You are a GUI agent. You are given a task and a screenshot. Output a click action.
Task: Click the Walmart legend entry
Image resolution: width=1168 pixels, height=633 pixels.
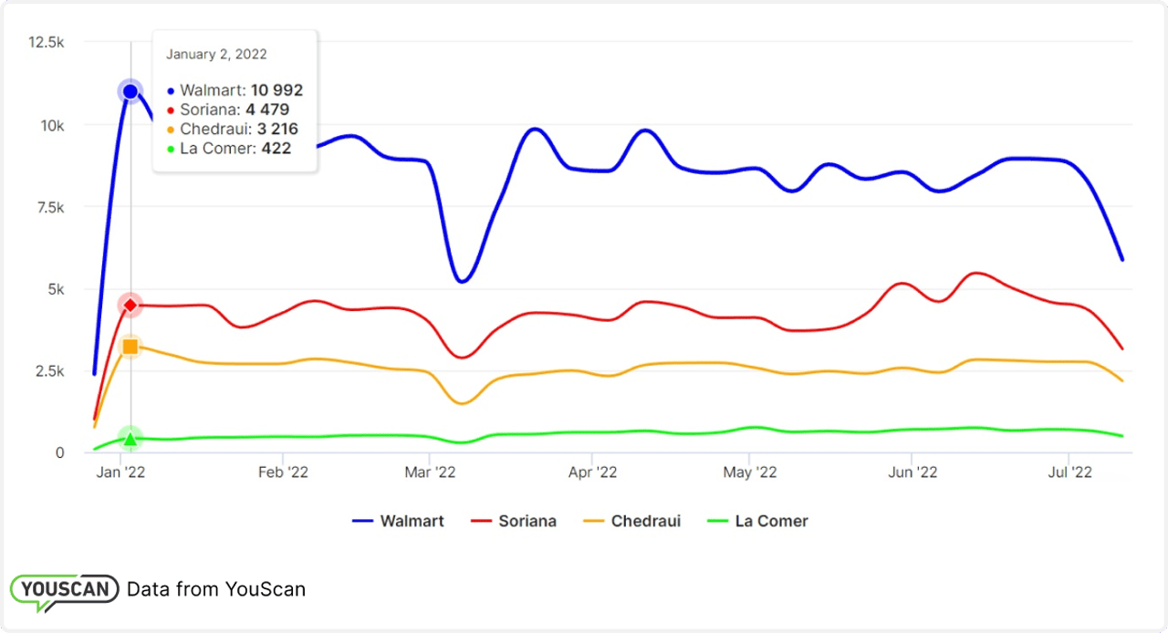[x=399, y=522]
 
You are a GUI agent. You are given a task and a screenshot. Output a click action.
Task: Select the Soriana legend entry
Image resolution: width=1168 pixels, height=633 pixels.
[x=514, y=522]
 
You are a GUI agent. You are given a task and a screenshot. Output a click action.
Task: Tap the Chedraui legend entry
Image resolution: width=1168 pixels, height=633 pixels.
[x=632, y=522]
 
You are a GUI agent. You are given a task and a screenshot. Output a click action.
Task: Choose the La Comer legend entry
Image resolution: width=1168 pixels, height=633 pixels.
[x=758, y=522]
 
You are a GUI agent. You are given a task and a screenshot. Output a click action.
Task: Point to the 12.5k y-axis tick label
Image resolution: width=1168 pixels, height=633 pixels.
[x=47, y=42]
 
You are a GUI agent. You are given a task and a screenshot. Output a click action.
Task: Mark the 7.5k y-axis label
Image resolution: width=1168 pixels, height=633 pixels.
[x=51, y=207]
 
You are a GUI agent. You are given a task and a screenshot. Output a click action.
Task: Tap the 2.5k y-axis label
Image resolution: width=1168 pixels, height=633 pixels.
[x=51, y=371]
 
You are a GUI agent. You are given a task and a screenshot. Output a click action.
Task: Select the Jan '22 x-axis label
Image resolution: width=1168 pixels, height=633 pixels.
[x=122, y=472]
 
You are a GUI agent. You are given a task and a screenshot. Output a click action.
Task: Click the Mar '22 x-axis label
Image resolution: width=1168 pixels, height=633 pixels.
[x=430, y=472]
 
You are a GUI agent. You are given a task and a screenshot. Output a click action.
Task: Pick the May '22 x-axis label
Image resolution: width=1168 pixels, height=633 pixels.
[x=749, y=472]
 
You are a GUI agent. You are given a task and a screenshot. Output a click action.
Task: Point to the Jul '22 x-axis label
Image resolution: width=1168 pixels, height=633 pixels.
[x=1069, y=472]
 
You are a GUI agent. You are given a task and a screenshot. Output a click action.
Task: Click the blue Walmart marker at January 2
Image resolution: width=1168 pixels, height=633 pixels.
[x=130, y=91]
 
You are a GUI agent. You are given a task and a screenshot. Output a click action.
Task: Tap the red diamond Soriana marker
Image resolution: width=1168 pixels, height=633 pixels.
[x=130, y=305]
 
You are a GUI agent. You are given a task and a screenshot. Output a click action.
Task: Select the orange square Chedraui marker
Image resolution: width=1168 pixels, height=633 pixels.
[x=130, y=347]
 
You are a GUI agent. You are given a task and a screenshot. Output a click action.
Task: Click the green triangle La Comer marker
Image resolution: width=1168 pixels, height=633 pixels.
[x=130, y=439]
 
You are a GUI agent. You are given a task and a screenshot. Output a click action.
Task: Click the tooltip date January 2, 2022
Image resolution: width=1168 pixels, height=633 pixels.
[x=216, y=55]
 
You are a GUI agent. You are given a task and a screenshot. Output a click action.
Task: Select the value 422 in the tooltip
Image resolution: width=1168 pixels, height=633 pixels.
[x=276, y=148]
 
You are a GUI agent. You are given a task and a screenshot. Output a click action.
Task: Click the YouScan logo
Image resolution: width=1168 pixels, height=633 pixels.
[x=64, y=590]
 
